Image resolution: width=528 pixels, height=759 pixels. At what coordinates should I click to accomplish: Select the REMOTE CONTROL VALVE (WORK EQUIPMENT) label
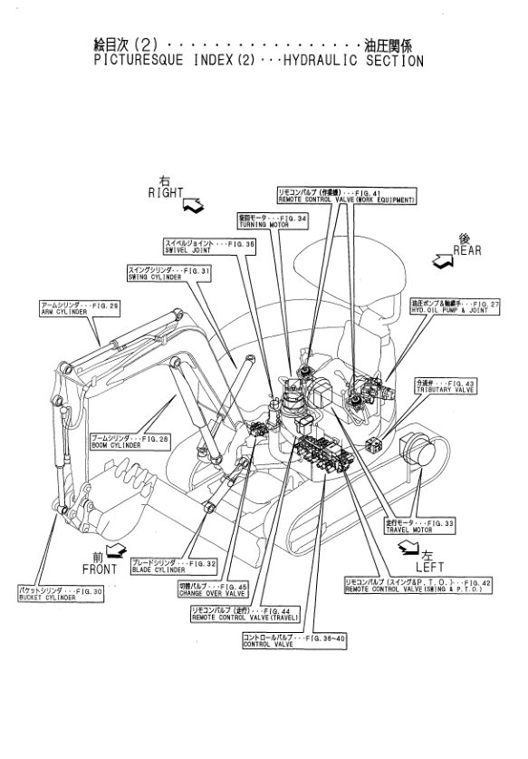(x=345, y=196)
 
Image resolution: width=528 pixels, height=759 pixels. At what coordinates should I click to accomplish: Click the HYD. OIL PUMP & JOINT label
(x=450, y=306)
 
